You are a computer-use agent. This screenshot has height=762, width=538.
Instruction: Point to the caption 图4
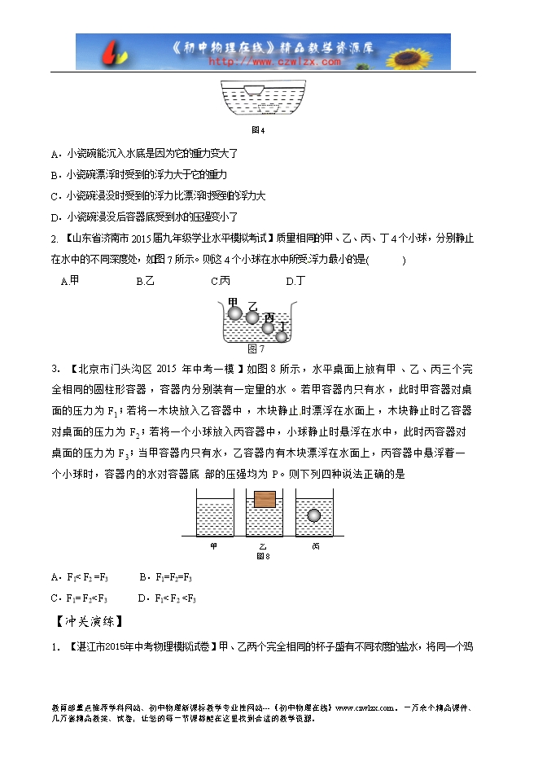257,129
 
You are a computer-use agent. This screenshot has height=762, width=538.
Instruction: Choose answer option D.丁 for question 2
295,281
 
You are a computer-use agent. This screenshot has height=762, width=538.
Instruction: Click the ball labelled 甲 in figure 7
234,312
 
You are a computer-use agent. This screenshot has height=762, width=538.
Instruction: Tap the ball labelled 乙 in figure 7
252,317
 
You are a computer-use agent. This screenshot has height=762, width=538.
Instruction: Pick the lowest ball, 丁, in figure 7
282,336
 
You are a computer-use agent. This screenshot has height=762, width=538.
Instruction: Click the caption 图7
256,349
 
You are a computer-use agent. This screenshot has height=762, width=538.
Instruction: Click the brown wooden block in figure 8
264,499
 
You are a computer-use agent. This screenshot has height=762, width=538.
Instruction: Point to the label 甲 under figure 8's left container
214,546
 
